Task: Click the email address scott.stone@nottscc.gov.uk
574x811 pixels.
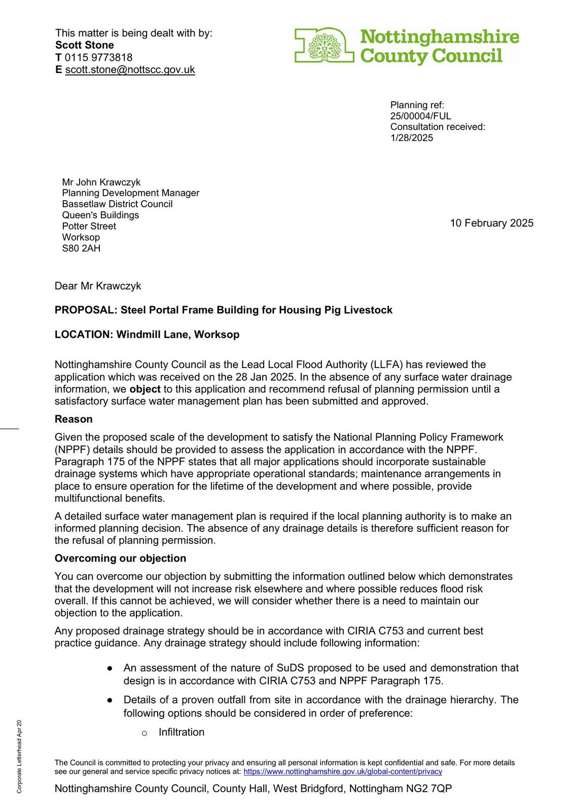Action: pyautogui.click(x=130, y=70)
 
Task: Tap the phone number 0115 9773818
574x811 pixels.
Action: pyautogui.click(x=98, y=57)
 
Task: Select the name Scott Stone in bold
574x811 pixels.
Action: pyautogui.click(x=85, y=45)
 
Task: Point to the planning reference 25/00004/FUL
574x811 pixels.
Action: pyautogui.click(x=420, y=116)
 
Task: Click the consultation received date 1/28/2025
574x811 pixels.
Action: pyautogui.click(x=412, y=138)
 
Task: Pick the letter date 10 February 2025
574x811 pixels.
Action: pyautogui.click(x=491, y=223)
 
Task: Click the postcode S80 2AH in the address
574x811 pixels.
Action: pyautogui.click(x=81, y=248)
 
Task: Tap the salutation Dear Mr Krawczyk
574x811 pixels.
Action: pyautogui.click(x=98, y=286)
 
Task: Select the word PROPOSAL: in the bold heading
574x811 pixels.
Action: pyautogui.click(x=86, y=310)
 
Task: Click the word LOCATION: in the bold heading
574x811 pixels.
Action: pyautogui.click(x=84, y=335)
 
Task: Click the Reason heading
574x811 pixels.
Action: pyautogui.click(x=74, y=419)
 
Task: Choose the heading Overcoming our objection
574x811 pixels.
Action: pyautogui.click(x=120, y=559)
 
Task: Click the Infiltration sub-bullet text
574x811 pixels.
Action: pyautogui.click(x=182, y=732)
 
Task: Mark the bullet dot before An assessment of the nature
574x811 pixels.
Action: pyautogui.click(x=110, y=669)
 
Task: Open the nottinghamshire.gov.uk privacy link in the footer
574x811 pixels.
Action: pyautogui.click(x=343, y=771)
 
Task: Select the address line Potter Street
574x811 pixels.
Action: pyautogui.click(x=89, y=226)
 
